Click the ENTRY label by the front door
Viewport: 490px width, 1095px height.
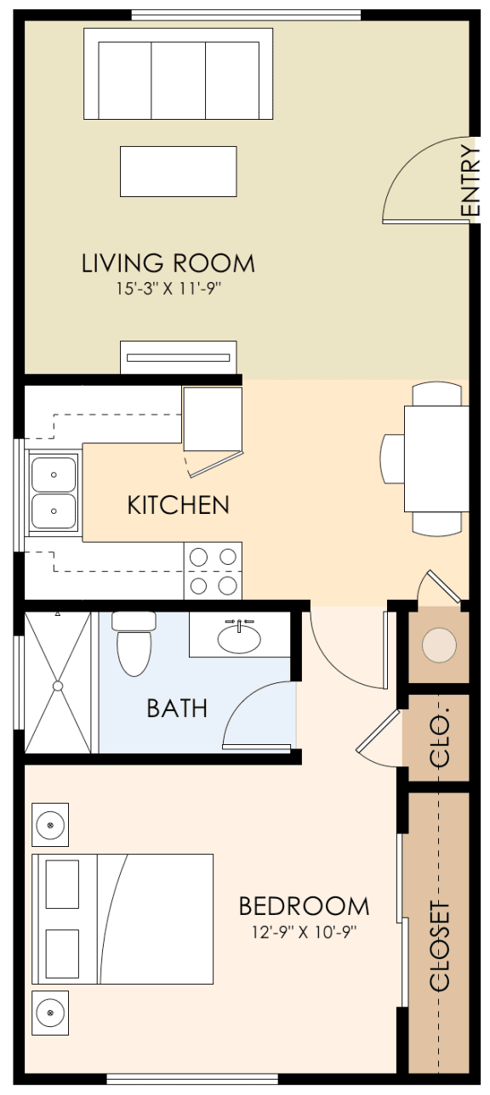coord(471,181)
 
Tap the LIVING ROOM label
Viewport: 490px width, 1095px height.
coord(168,263)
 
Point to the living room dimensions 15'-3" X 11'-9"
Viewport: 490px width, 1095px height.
coord(168,289)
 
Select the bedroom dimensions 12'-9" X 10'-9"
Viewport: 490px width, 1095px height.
coord(304,932)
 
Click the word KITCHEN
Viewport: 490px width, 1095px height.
coord(178,505)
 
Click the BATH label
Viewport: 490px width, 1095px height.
coord(177,708)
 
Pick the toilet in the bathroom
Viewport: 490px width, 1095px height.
coord(134,643)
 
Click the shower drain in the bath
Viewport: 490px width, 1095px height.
coord(58,686)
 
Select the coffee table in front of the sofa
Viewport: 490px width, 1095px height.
coord(178,171)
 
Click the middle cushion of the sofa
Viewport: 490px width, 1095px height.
coord(178,80)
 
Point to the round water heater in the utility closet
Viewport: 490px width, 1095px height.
coord(439,646)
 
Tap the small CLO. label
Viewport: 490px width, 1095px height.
coord(440,737)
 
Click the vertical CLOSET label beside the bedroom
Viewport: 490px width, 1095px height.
coord(439,945)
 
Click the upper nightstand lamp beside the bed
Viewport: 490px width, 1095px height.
coord(50,825)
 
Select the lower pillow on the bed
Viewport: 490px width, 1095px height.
coord(62,953)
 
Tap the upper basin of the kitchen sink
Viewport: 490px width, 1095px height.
coord(54,474)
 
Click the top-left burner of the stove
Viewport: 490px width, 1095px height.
coord(198,556)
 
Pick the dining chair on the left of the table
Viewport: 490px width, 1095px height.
coord(392,459)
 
